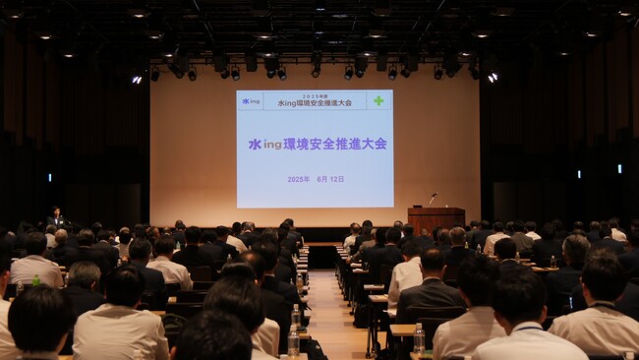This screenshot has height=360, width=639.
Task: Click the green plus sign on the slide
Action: [378, 100]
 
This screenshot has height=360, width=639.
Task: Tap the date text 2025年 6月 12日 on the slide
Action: [316, 179]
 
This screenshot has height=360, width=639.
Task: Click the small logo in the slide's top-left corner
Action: [251, 100]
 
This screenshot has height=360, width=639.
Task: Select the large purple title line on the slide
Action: [317, 144]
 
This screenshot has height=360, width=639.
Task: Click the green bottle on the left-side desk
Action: [36, 280]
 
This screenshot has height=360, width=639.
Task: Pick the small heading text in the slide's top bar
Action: [314, 101]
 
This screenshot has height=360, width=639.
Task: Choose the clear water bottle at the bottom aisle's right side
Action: [419, 338]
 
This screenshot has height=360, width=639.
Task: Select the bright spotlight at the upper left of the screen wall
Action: [137, 79]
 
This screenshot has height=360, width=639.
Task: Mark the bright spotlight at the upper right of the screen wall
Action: [492, 77]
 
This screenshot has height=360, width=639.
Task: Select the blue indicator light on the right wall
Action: [617, 168]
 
